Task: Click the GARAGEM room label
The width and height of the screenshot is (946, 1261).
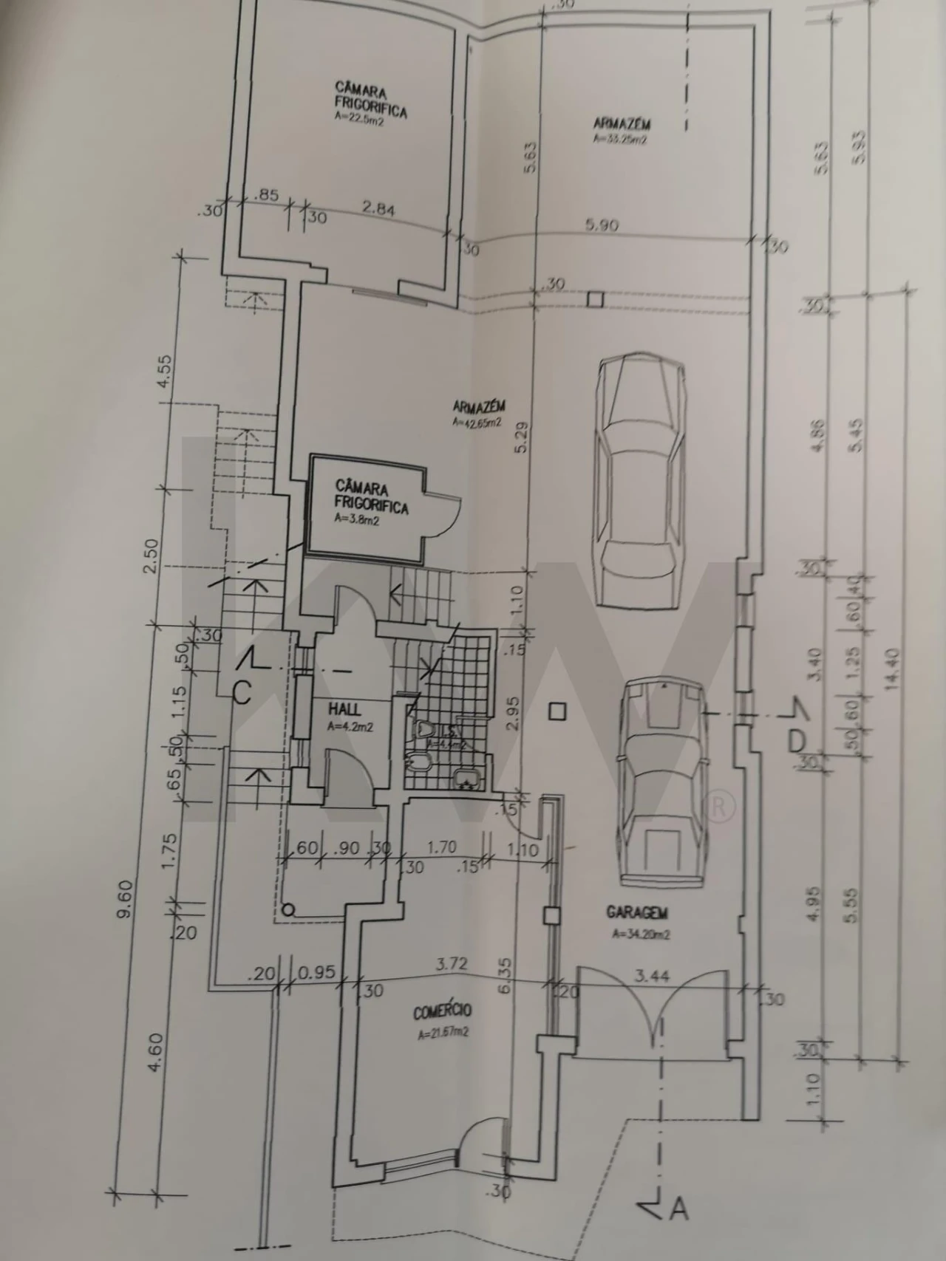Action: coord(638,912)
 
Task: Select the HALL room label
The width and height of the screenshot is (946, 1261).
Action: coord(345,709)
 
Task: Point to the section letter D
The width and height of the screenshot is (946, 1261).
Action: coord(796,741)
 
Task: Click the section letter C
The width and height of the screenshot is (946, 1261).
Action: coord(241,691)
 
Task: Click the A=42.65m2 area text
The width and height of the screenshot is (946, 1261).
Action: coord(477,424)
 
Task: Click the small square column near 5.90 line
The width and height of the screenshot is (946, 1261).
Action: coord(595,299)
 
